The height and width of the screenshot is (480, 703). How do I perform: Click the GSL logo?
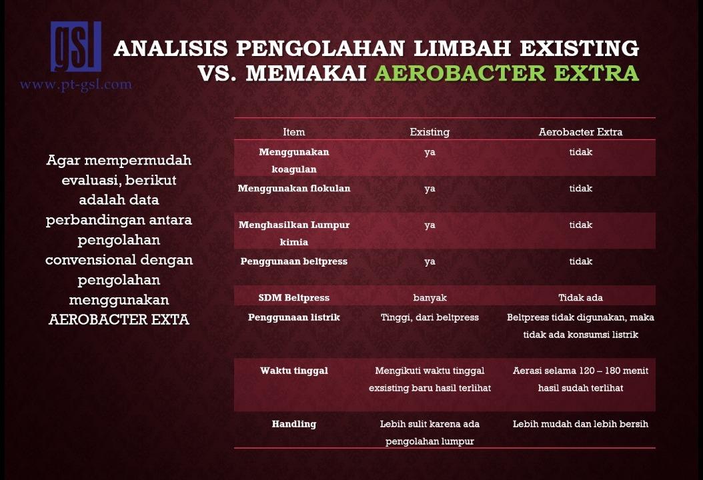(76, 47)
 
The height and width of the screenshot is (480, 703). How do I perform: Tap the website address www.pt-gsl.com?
(76, 85)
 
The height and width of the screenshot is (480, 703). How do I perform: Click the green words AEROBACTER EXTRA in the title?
(506, 73)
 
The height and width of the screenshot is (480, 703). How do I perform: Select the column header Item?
(293, 132)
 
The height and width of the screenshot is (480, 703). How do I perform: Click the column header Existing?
(430, 132)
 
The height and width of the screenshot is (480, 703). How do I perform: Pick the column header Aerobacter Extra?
(580, 132)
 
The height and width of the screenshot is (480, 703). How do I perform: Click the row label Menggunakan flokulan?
(293, 189)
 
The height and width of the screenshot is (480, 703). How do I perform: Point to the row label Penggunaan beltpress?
(293, 261)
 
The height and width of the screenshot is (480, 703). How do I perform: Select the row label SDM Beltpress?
(293, 297)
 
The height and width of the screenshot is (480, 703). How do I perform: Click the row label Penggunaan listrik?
(293, 317)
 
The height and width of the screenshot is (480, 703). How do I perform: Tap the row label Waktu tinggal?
(293, 371)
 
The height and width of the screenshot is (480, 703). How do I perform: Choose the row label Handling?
(293, 424)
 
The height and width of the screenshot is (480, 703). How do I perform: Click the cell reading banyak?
(430, 297)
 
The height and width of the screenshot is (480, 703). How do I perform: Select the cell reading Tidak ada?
(580, 297)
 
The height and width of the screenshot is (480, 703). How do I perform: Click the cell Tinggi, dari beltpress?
(430, 317)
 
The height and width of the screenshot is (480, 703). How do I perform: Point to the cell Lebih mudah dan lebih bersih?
(580, 424)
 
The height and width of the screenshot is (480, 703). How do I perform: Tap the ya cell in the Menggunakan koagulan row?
(430, 152)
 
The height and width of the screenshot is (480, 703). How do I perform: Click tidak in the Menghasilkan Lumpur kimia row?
(580, 225)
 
